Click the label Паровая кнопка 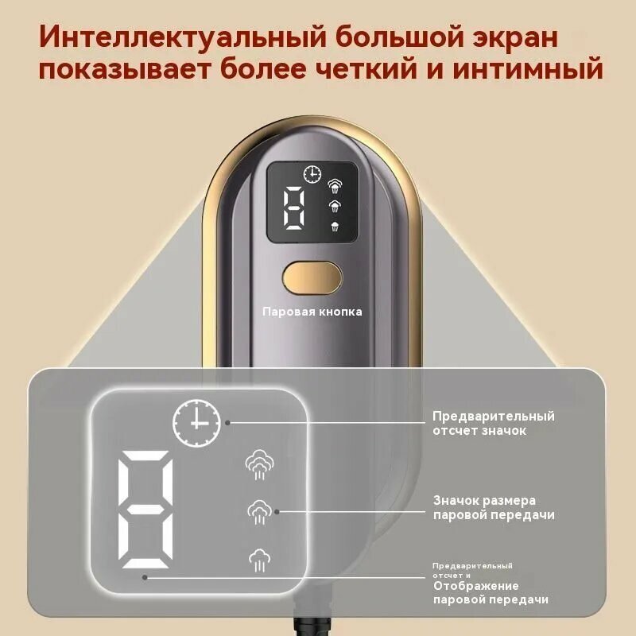(x=312, y=312)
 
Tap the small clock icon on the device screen (x=312, y=175)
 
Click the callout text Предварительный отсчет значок (x=493, y=423)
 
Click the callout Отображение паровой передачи (x=491, y=592)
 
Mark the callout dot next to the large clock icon (x=228, y=423)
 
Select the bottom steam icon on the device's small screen (x=335, y=226)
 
